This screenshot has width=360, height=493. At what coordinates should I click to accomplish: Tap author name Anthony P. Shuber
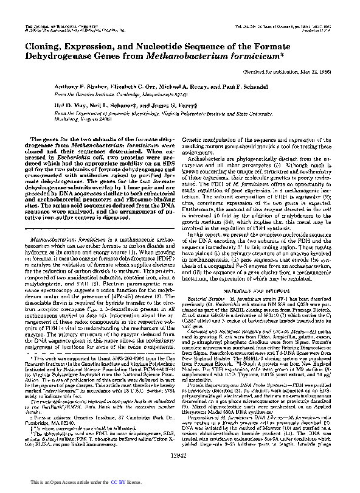tap(69, 87)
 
